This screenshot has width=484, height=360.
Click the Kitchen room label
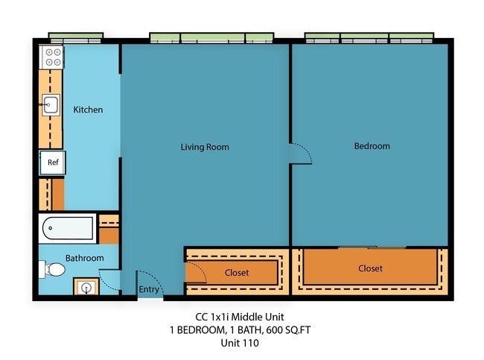pos(88,110)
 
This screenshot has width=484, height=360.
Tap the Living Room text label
pos(205,147)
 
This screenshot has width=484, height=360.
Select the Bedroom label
pos(372,146)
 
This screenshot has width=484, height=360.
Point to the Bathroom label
pos(84,258)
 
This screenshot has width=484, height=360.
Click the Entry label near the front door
pos(149,290)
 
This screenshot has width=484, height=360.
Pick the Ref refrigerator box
pos(53,162)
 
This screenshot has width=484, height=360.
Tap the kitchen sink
pos(51,105)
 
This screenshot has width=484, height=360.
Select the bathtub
pos(68,228)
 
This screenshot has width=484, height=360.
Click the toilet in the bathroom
pos(53,269)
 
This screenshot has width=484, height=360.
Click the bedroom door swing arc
pos(302,154)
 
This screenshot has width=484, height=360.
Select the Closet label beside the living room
pos(237,273)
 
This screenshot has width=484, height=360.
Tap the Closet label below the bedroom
pos(370,268)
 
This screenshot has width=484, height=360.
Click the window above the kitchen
pos(75,36)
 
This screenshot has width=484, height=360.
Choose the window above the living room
pos(211,37)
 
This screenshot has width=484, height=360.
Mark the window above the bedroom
pos(369,37)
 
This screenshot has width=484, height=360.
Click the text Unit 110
pos(240,344)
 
